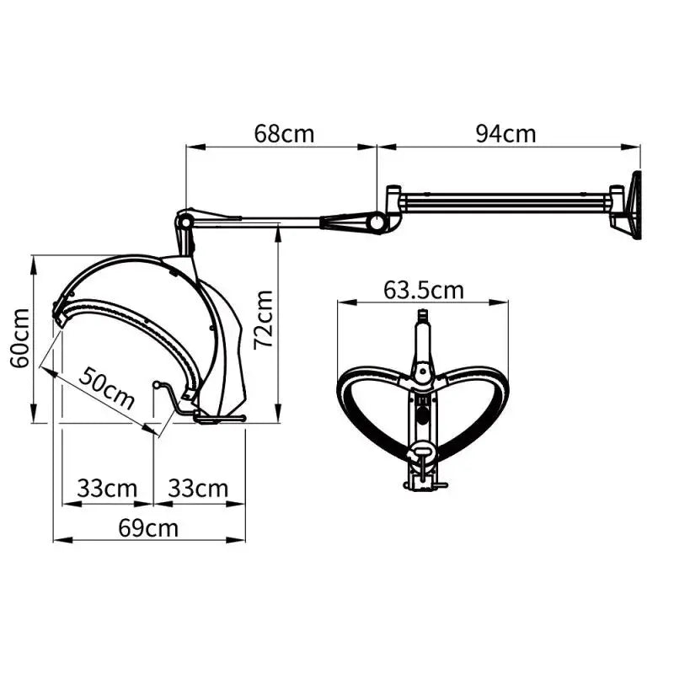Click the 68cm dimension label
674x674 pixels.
point(284,133)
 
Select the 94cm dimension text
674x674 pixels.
point(505,133)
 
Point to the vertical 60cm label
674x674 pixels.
point(19,337)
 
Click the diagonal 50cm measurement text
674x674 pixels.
point(107,388)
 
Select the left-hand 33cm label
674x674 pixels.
point(107,488)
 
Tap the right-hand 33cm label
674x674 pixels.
point(198,488)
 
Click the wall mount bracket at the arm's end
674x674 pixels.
point(628,205)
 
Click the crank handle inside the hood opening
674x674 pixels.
point(168,396)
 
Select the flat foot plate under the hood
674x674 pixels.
point(219,418)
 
